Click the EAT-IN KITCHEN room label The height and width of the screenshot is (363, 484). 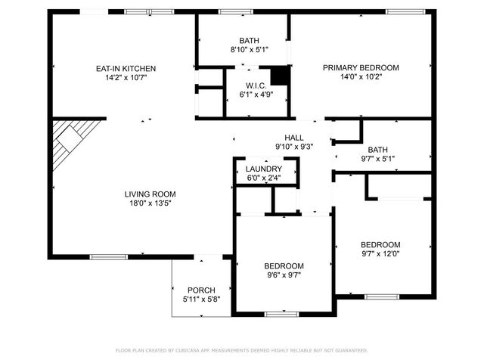pyautogui.click(x=126, y=68)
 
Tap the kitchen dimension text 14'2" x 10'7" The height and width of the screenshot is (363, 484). pyautogui.click(x=126, y=77)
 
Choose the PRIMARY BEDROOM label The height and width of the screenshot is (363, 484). pyautogui.click(x=361, y=67)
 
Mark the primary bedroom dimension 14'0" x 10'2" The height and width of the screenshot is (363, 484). pyautogui.click(x=361, y=76)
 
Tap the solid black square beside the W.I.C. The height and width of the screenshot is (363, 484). pyautogui.click(x=281, y=75)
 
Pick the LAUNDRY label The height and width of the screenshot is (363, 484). pyautogui.click(x=264, y=169)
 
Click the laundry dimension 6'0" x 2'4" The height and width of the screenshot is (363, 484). pyautogui.click(x=264, y=178)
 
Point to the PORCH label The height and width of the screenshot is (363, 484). pyautogui.click(x=201, y=290)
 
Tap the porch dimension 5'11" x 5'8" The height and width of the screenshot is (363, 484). pyautogui.click(x=201, y=299)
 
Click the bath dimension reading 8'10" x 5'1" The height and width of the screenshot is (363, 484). pyautogui.click(x=248, y=50)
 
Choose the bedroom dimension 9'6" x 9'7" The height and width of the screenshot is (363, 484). pyautogui.click(x=284, y=275)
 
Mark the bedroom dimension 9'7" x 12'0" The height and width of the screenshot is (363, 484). pyautogui.click(x=380, y=254)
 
